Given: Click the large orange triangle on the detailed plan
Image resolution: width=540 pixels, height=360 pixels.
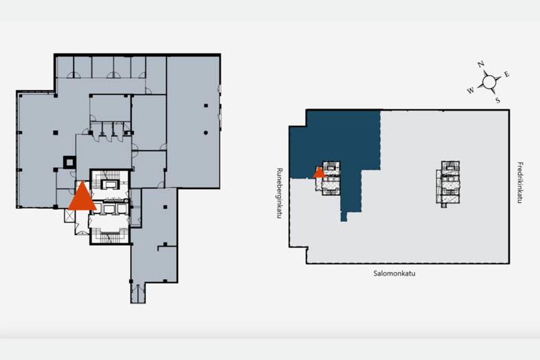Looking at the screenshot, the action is pos(82,198).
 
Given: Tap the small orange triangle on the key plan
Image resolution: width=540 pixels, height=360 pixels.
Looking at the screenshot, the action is pos(319,173).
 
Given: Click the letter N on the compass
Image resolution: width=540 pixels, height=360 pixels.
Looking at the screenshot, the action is pos(481,64).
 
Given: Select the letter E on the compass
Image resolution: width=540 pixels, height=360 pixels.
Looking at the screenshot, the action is pos(506,74).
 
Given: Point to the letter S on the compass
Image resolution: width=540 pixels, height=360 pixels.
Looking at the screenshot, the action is pos(497,100).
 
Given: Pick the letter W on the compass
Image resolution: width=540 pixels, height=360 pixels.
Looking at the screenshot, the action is pos(471,91).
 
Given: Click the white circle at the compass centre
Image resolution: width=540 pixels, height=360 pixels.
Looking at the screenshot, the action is pos(489,82).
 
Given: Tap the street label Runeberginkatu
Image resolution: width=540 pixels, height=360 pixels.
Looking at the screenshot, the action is pos(280,193).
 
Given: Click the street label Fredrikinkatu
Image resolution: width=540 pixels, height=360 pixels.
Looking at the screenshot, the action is pos(520,183).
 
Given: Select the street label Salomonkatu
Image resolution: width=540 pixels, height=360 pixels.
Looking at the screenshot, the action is pos(394,273).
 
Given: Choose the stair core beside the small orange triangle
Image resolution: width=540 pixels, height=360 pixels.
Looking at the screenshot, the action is pos(331,179).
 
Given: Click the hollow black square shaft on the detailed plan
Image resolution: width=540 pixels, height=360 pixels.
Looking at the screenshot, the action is pos(69,162).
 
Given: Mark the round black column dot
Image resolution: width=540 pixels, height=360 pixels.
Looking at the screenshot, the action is pos(205,133).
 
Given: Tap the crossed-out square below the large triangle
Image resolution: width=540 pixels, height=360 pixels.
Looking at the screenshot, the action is pos(69,216).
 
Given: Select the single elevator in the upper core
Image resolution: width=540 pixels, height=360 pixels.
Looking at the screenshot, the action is pos(111,185).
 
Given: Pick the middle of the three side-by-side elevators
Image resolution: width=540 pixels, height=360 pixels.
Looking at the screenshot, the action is pos(109,209).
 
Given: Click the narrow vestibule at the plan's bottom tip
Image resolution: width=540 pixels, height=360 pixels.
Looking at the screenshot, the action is pos(138,293).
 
